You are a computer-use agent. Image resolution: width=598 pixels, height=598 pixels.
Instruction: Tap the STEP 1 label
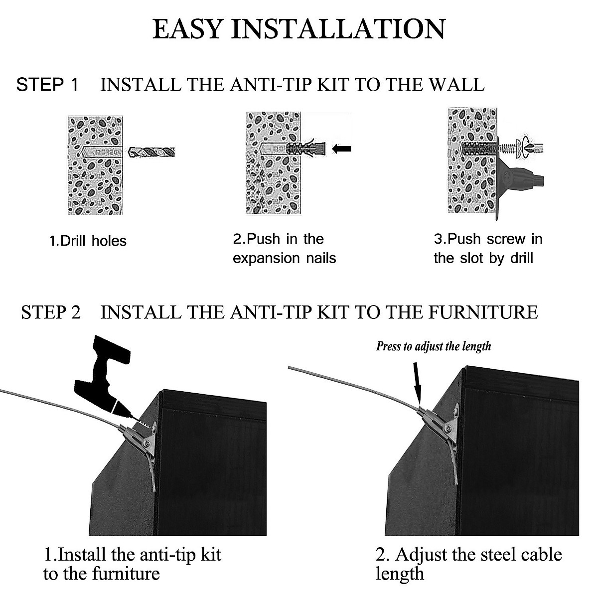coord(47,85)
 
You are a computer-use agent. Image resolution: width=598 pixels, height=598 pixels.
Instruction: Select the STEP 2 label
coord(50,312)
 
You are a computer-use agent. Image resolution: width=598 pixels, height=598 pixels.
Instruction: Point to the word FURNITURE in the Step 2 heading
coord(483,312)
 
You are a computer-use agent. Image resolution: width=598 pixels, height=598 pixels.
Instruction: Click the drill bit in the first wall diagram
coord(152,152)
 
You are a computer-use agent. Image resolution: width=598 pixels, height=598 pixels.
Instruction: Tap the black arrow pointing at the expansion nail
coord(341,148)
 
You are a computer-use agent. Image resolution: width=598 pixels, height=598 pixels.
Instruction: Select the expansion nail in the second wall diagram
coord(305,148)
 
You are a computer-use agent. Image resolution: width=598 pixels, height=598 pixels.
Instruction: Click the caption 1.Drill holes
coord(88,241)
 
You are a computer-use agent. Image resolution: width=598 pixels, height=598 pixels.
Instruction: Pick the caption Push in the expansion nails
coord(284,249)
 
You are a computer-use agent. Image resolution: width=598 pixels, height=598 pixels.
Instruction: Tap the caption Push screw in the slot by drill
coord(488,249)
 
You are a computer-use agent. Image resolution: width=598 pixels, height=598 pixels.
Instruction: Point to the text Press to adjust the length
coord(433,346)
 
